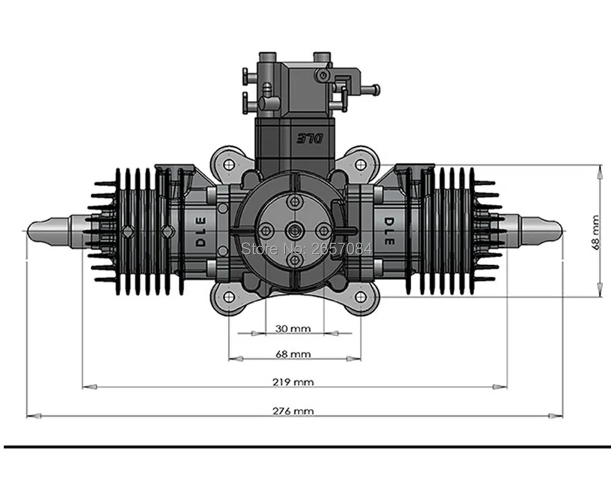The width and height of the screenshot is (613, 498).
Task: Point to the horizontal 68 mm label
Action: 292,354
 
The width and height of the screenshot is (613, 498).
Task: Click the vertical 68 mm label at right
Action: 596,232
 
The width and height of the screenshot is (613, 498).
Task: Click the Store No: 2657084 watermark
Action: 306,249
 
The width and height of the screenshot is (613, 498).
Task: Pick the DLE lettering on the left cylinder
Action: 201,232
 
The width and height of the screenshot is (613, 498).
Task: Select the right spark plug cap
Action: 540,230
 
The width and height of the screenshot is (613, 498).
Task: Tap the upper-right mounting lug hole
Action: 360,164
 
